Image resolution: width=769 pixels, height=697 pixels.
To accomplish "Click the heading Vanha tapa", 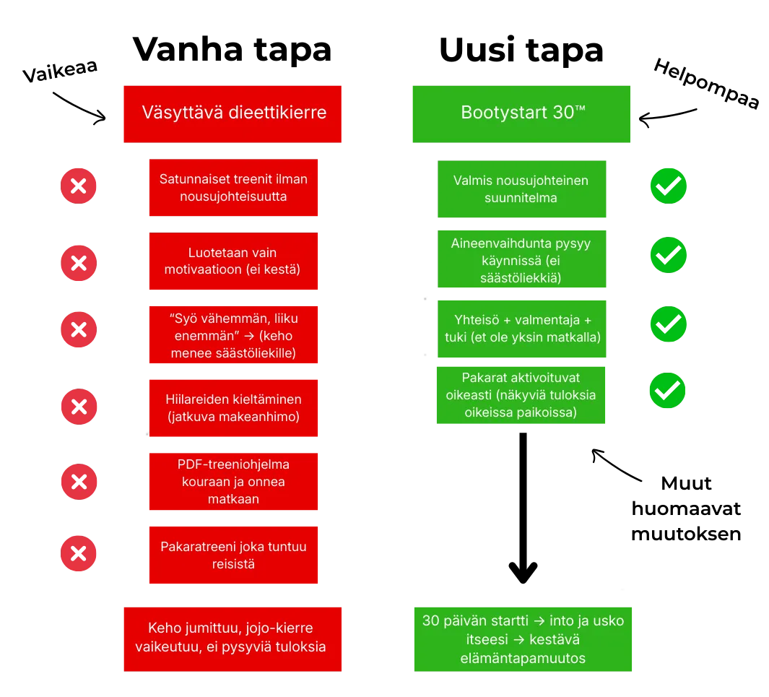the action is tap(232, 50).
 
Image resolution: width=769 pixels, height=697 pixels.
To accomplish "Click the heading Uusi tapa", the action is tap(521, 50).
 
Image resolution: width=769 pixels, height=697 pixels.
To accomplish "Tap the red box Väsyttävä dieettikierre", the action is tap(233, 114).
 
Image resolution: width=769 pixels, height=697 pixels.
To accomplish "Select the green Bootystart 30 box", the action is tap(521, 114).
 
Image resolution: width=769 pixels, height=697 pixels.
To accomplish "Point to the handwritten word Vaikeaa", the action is tap(60, 72).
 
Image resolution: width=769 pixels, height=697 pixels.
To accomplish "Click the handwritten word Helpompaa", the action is tap(707, 83).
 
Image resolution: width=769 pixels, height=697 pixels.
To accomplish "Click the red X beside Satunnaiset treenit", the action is tap(79, 186).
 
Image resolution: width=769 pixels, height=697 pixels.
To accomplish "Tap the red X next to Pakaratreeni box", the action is tap(79, 553).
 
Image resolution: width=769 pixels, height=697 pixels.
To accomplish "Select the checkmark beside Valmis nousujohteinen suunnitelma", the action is tap(669, 186).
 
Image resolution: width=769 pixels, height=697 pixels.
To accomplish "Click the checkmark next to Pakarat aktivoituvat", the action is tap(667, 391).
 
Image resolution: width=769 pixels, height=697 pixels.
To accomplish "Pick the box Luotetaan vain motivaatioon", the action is tap(233, 261).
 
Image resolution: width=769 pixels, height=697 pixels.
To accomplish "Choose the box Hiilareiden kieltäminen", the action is tap(233, 408).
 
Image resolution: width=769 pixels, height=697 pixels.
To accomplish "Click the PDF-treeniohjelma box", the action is tap(233, 482).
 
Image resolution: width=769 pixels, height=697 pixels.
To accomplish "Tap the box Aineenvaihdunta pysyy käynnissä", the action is tap(522, 259).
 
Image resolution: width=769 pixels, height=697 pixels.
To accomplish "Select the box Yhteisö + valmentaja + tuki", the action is tap(522, 329).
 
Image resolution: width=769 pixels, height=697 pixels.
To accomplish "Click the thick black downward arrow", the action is tap(523, 508).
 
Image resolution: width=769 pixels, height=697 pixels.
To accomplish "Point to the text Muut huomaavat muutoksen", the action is tap(686, 508).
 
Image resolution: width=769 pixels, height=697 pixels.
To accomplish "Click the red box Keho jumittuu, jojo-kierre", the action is tap(233, 639).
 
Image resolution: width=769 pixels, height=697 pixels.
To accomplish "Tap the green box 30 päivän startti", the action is tap(523, 639).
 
